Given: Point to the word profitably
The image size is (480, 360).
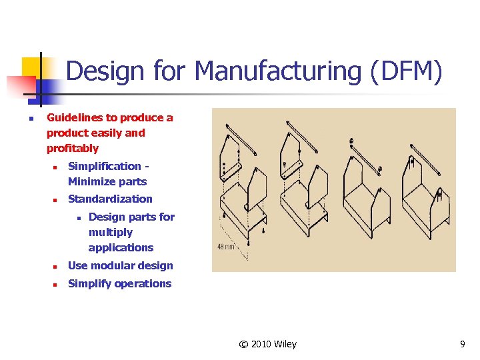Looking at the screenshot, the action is click(73, 149).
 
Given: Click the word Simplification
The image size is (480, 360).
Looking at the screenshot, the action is click(105, 167).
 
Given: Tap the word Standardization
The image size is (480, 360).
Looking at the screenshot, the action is click(110, 199).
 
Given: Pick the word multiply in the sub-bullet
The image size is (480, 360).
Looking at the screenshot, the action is click(111, 233).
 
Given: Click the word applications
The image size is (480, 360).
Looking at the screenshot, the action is click(121, 248).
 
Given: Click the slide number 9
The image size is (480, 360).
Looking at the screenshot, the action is click(463, 345).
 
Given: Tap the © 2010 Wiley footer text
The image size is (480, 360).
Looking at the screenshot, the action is click(268, 345).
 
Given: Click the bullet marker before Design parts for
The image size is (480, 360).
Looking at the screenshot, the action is click(77, 217).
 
